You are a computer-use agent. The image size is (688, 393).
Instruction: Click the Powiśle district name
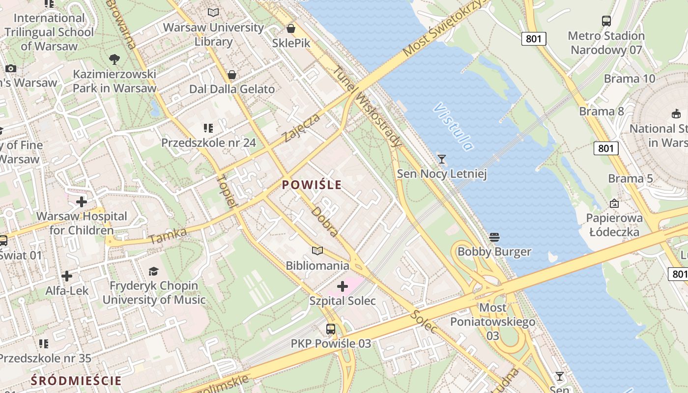click(312, 185)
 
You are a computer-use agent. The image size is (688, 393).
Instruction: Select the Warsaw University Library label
click(213, 34)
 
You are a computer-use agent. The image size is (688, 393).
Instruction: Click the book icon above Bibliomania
click(317, 251)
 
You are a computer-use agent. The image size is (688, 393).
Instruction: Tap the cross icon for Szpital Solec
click(343, 286)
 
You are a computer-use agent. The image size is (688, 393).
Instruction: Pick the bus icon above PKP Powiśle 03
click(331, 329)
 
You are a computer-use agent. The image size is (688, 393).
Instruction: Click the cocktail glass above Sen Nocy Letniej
click(442, 159)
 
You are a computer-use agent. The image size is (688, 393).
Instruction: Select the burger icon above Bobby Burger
click(494, 237)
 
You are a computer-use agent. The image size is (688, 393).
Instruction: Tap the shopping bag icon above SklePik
click(291, 28)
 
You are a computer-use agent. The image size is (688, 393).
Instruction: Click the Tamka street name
click(168, 236)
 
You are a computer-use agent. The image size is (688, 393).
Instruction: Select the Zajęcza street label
click(301, 128)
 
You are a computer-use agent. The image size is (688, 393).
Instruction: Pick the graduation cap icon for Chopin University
click(154, 271)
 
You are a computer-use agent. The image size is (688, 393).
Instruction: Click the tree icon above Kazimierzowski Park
click(115, 59)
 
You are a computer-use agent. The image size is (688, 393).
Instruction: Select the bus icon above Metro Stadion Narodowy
click(606, 21)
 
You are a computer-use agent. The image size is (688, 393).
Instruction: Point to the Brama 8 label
click(601, 112)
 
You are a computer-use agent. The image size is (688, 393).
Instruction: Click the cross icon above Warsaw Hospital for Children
click(82, 201)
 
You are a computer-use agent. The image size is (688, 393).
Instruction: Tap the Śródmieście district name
click(76, 380)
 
